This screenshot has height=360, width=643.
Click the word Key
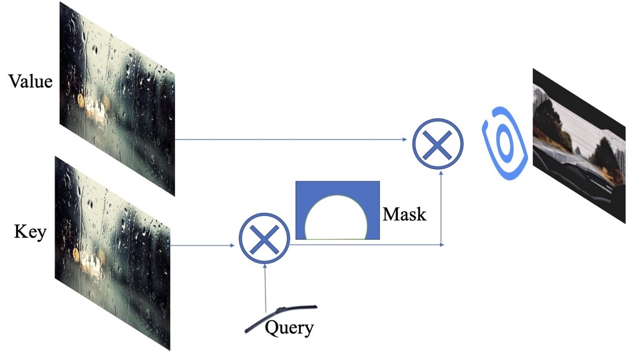(30, 231)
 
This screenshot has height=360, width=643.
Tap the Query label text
(289, 328)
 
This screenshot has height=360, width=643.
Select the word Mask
(404, 213)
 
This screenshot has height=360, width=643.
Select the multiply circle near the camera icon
(437, 143)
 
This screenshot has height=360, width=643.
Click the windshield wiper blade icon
(276, 316)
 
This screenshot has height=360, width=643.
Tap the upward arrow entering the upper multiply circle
(441, 206)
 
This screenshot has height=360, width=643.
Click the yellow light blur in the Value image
(82, 101)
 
